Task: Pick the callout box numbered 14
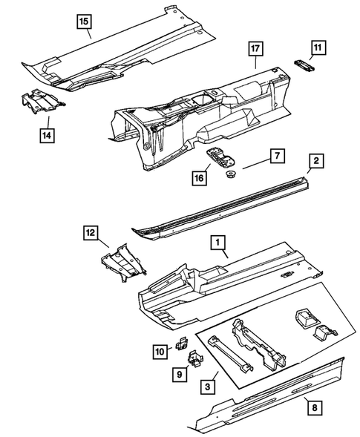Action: point(46,136)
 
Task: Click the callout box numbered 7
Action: point(275,156)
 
